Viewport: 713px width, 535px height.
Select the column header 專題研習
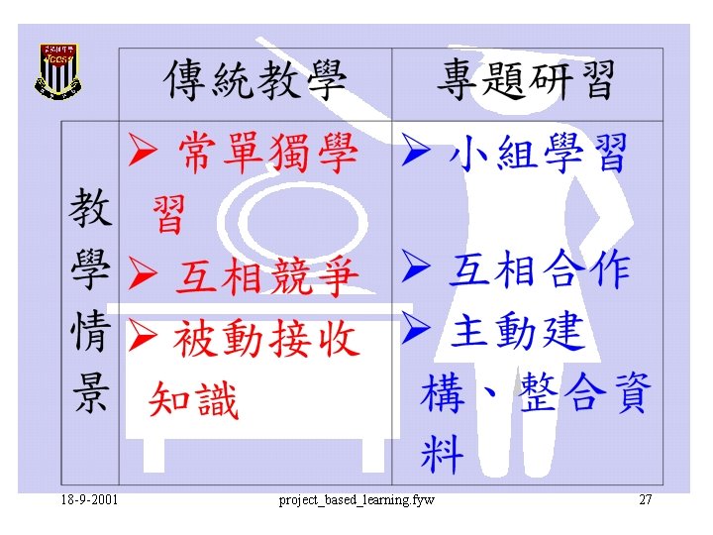(x=526, y=80)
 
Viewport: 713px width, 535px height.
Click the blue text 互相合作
(x=539, y=269)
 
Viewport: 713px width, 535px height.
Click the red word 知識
(x=194, y=401)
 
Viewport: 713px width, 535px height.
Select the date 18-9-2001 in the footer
(x=88, y=499)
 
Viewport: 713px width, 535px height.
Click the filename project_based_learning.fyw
(x=356, y=499)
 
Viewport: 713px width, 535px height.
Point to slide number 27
(x=646, y=499)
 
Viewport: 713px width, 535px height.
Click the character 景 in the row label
(x=88, y=394)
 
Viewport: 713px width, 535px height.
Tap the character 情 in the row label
(x=88, y=333)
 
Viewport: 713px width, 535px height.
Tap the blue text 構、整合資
(x=535, y=393)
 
